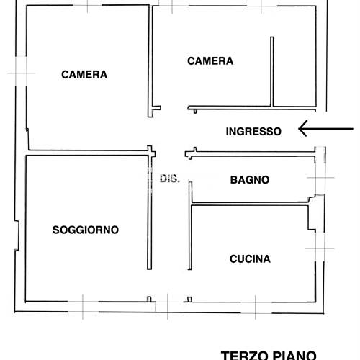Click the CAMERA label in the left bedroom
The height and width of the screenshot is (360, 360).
pyautogui.click(x=84, y=74)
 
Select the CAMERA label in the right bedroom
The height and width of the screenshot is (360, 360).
pyautogui.click(x=210, y=61)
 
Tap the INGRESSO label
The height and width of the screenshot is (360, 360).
pyautogui.click(x=253, y=131)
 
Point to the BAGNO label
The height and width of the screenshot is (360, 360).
pyautogui.click(x=250, y=180)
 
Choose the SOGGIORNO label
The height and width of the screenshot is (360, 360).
pyautogui.click(x=86, y=230)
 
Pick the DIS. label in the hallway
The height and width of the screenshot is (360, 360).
pyautogui.click(x=169, y=179)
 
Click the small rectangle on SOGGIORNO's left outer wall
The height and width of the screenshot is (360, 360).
pyautogui.click(x=17, y=236)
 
